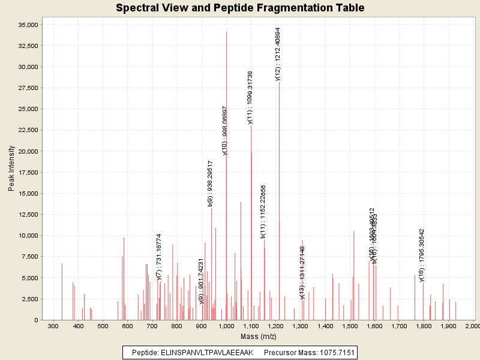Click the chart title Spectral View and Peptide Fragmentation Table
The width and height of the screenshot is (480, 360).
coord(240,8)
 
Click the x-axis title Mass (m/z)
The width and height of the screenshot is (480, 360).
coord(259,337)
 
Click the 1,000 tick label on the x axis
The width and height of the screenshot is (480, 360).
coord(226,326)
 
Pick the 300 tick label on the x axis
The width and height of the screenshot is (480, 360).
coord(53,326)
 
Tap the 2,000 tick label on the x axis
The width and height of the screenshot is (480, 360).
coord(472,326)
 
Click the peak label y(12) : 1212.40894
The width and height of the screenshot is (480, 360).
coord(278,54)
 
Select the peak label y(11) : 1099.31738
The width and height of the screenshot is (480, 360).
coord(250,97)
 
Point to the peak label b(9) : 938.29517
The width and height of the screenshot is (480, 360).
coord(211,183)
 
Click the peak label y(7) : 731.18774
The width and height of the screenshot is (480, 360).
coord(159,257)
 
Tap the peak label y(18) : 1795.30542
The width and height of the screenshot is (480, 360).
coord(422,255)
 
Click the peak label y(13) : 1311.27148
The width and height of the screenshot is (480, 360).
coord(302,272)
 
